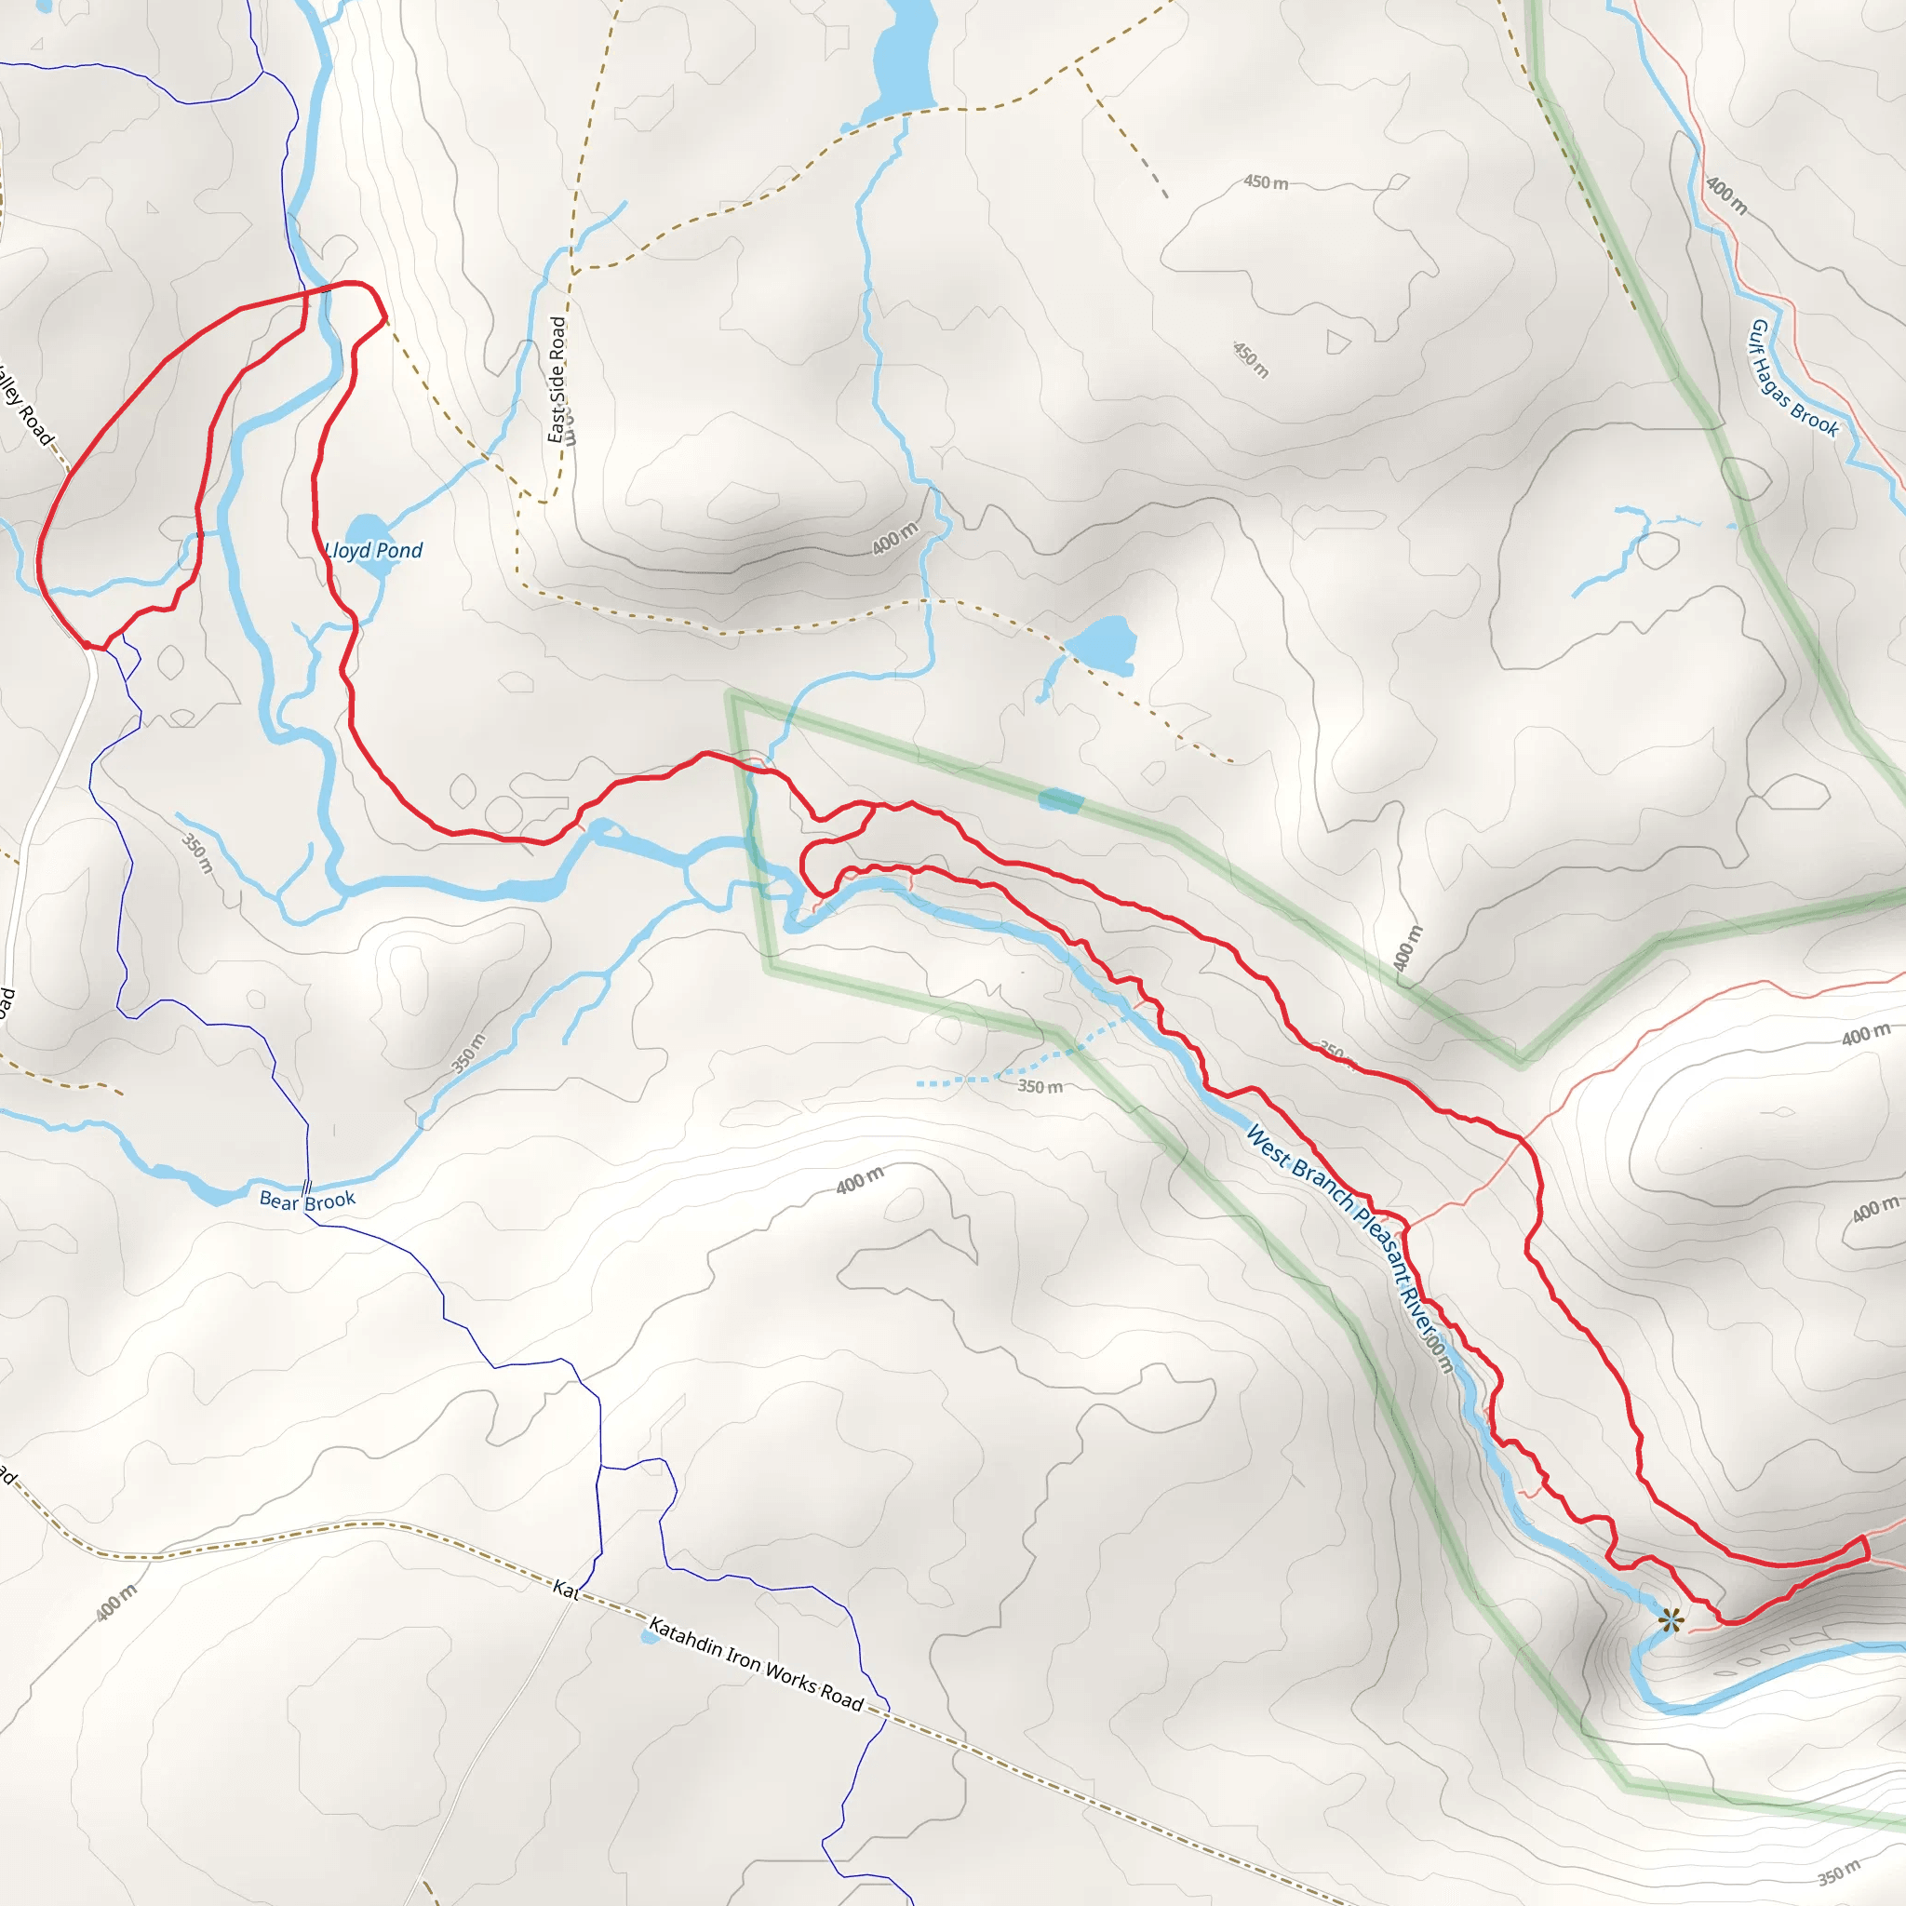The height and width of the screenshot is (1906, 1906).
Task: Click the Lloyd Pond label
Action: tap(374, 551)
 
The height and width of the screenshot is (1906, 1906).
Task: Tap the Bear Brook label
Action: tap(307, 1200)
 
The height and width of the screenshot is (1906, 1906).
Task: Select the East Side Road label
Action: tap(558, 380)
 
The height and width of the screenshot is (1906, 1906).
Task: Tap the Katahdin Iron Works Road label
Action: tap(756, 1661)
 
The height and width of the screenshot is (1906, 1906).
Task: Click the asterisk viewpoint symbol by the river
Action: tap(1670, 1620)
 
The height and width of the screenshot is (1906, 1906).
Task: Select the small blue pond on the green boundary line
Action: tap(1061, 800)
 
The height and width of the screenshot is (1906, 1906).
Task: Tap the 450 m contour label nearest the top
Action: tap(1266, 182)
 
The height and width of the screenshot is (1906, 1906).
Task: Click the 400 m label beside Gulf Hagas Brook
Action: tap(1726, 195)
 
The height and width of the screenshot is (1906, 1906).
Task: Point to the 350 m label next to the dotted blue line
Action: tap(1040, 1087)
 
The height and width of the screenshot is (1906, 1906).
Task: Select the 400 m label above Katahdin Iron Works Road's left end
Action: tap(117, 1604)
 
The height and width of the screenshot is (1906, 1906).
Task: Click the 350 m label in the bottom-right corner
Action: tap(1839, 1872)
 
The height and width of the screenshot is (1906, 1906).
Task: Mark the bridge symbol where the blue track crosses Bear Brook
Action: tap(307, 1187)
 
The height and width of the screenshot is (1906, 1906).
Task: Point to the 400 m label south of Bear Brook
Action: tap(860, 1179)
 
